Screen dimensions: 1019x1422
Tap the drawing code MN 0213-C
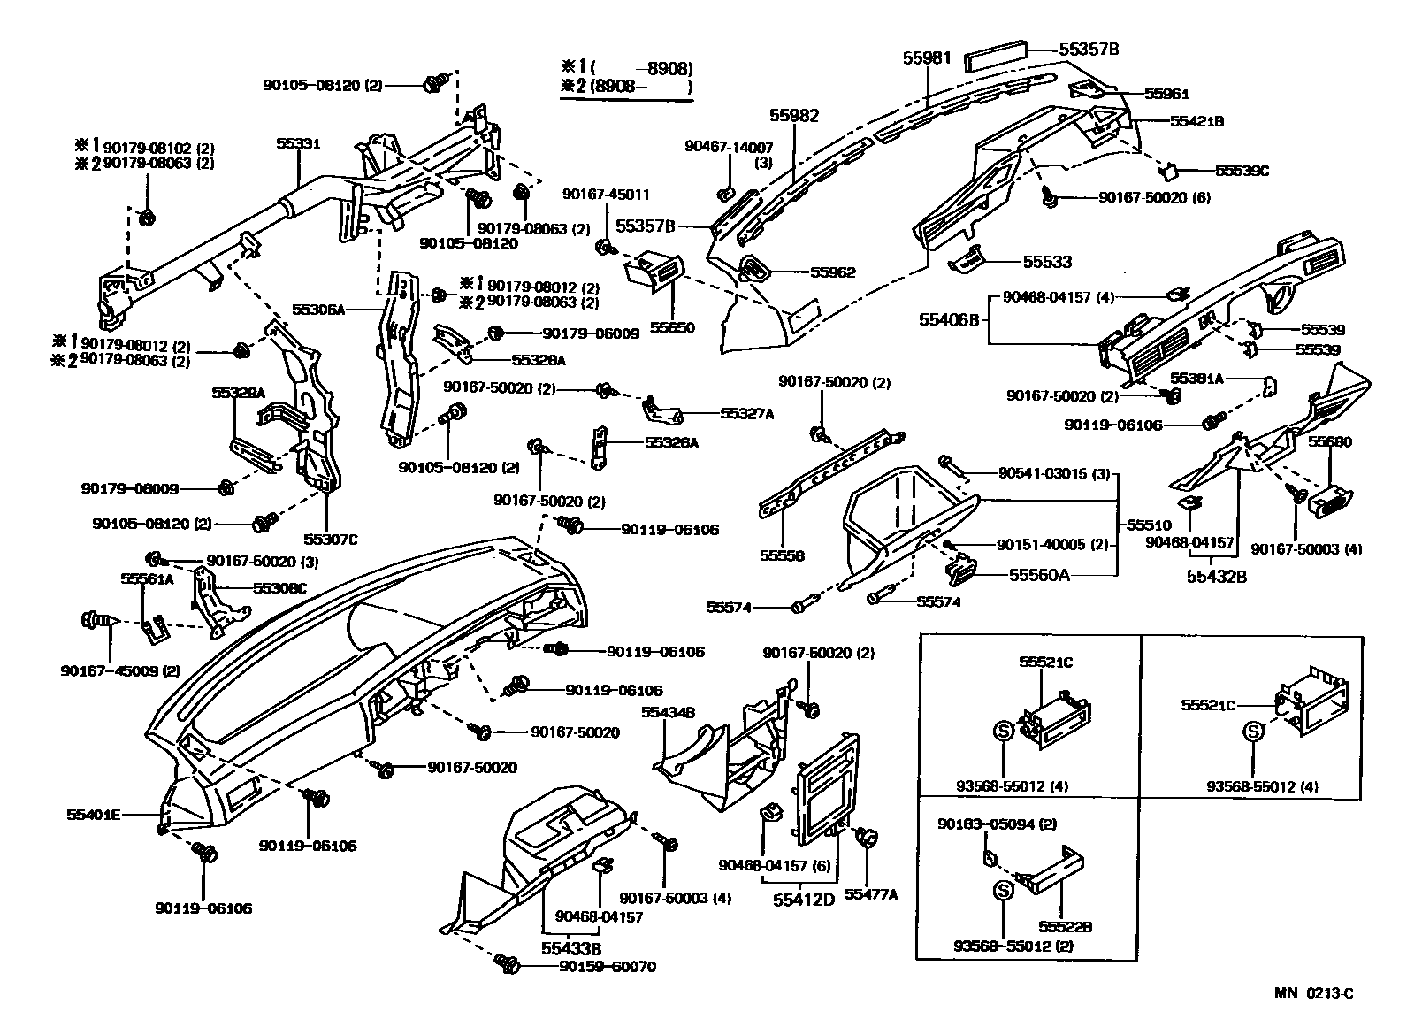pos(1313,992)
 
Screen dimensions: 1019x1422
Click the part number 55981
pos(927,57)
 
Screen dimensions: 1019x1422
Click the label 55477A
pos(870,894)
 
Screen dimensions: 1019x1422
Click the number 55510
pos(1149,525)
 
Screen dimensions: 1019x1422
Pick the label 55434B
pos(668,711)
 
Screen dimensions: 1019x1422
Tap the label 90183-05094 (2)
pos(997,824)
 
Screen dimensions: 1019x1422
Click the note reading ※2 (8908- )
pos(626,86)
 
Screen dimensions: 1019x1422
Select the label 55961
pos(1166,94)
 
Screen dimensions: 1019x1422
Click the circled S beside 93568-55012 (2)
pos(1003,892)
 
